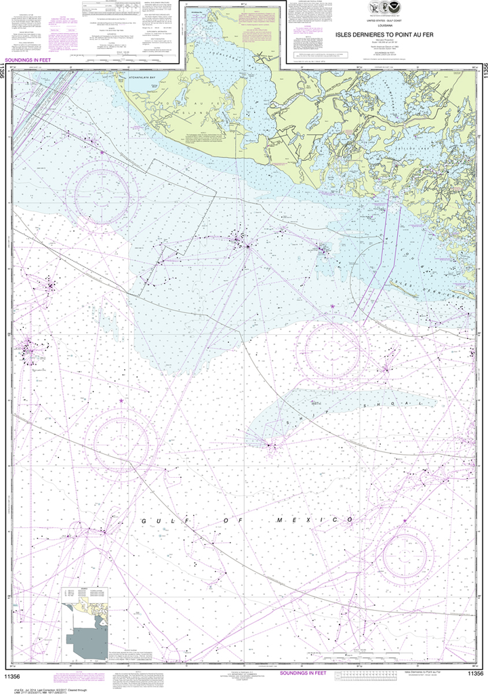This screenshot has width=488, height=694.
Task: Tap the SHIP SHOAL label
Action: [352, 411]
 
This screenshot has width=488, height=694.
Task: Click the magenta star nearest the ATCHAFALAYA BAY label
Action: [102, 153]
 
